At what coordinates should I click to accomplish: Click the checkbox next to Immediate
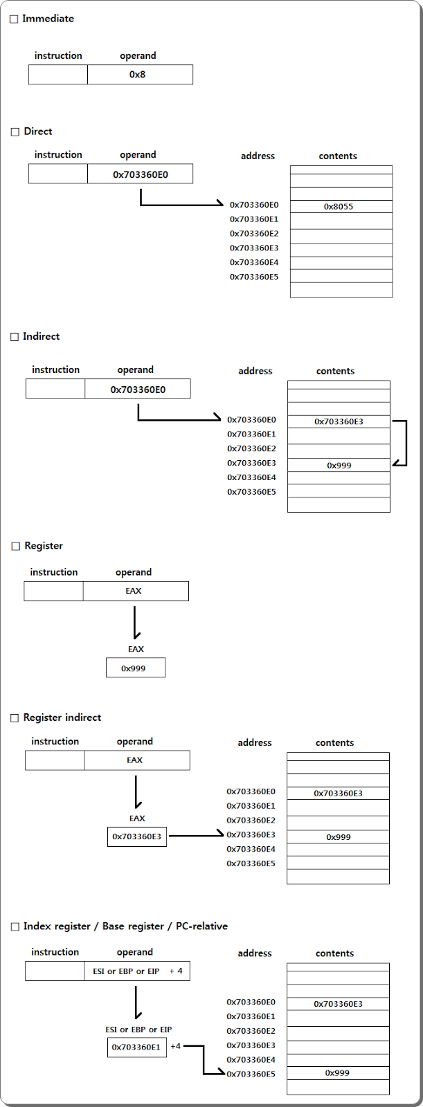pyautogui.click(x=14, y=19)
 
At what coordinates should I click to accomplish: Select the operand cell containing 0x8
pyautogui.click(x=140, y=75)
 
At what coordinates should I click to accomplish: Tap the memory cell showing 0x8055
pyautogui.click(x=341, y=206)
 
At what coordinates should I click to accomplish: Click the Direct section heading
pyautogui.click(x=37, y=131)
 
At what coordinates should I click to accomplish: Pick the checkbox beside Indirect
pyautogui.click(x=15, y=337)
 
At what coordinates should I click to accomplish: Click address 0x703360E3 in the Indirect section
pyautogui.click(x=251, y=463)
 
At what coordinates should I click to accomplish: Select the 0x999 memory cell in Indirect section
pyautogui.click(x=339, y=466)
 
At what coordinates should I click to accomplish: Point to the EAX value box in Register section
pyautogui.click(x=136, y=668)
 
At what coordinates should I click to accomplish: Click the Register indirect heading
pyautogui.click(x=62, y=717)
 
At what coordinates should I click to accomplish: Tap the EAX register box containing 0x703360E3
pyautogui.click(x=137, y=836)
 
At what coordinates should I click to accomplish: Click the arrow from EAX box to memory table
pyautogui.click(x=196, y=836)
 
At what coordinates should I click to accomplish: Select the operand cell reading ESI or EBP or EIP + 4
pyautogui.click(x=137, y=971)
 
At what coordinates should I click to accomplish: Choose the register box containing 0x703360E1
pyautogui.click(x=137, y=1047)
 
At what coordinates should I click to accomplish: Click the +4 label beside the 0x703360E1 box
pyautogui.click(x=175, y=1046)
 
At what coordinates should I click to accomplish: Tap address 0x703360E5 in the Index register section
pyautogui.click(x=251, y=1074)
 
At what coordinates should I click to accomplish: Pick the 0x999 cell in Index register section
pyautogui.click(x=338, y=1073)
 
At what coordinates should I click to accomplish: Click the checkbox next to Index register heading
pyautogui.click(x=15, y=927)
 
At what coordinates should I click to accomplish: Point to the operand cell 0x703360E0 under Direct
pyautogui.click(x=140, y=174)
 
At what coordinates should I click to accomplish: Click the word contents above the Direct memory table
pyautogui.click(x=338, y=156)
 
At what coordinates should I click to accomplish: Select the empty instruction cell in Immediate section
pyautogui.click(x=58, y=75)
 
